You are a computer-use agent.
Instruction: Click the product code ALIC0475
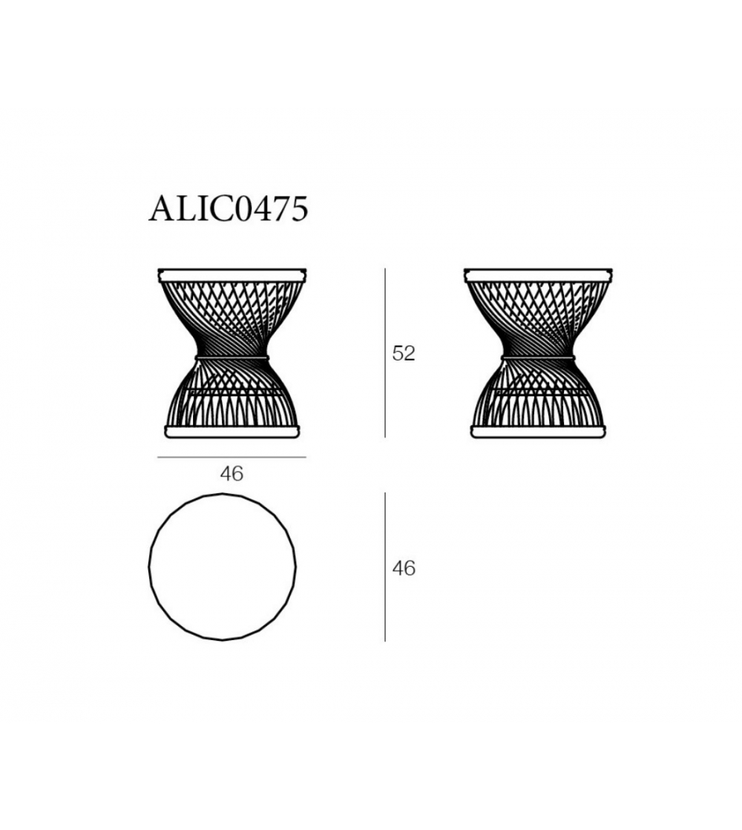[x=229, y=210]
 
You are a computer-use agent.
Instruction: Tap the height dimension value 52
[x=404, y=354]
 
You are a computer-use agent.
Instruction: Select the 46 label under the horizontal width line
[x=232, y=474]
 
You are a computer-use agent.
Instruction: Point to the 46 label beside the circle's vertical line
[x=404, y=568]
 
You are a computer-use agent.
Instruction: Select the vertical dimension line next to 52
[x=385, y=353]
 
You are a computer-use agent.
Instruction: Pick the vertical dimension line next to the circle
[x=385, y=567]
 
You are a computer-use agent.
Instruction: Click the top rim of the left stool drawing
[x=232, y=274]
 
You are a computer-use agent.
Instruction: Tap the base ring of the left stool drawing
[x=232, y=432]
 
